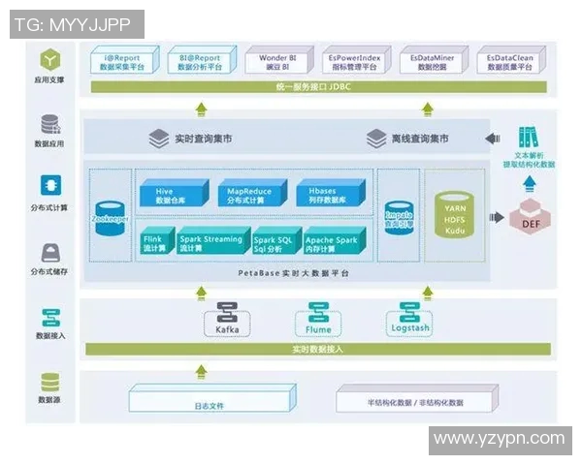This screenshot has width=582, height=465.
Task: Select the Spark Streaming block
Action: (x=210, y=241)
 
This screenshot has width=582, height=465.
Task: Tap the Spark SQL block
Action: (x=275, y=241)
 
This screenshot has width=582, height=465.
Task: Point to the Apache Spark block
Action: (x=333, y=241)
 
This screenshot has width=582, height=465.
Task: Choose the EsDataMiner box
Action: (x=433, y=63)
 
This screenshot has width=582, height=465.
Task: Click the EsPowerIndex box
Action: (x=354, y=63)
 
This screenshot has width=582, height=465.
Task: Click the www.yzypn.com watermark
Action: (x=499, y=440)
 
